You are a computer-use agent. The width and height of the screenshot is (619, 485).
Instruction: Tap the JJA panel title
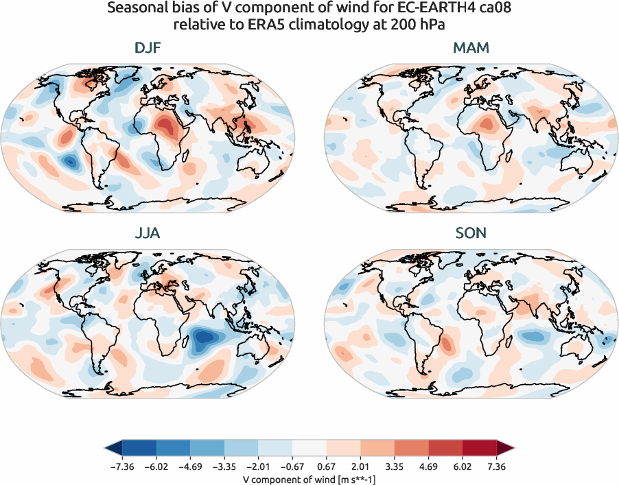[147, 233]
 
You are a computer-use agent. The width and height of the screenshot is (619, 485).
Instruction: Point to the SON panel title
[471, 233]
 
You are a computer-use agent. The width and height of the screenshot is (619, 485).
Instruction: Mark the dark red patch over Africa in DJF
[165, 126]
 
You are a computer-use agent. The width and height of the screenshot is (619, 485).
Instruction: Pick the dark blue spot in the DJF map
[69, 162]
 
